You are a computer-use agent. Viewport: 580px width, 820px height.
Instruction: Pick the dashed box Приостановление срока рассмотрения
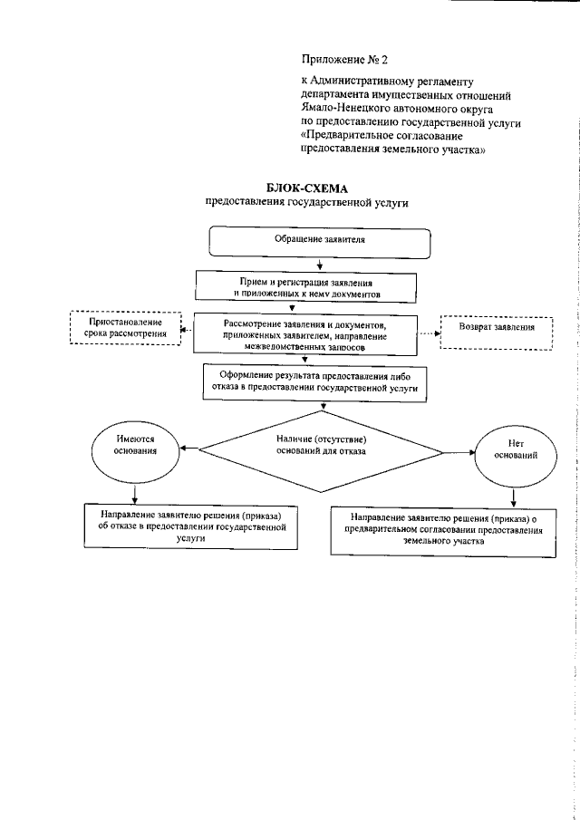pos(126,328)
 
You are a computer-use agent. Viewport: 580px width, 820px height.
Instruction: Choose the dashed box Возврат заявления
pos(497,329)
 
